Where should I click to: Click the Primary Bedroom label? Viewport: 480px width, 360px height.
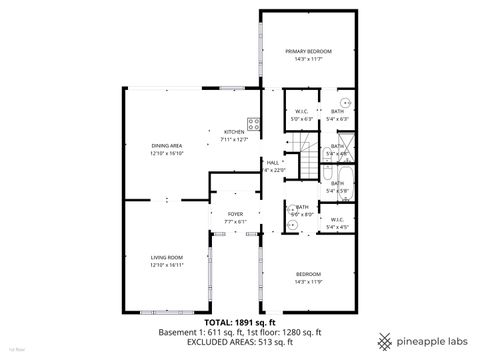click(307, 51)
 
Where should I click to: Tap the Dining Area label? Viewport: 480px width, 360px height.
click(167, 146)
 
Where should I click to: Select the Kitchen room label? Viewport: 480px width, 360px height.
click(234, 132)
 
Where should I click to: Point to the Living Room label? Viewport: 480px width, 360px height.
click(166, 258)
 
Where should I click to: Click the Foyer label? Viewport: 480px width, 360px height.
click(235, 214)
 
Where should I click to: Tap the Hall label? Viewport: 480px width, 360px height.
click(272, 162)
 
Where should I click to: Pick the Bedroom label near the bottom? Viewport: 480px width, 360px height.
click(307, 274)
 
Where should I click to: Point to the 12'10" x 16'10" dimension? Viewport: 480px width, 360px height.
click(167, 154)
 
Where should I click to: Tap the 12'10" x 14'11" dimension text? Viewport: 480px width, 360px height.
click(166, 266)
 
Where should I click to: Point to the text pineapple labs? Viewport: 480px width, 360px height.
click(432, 338)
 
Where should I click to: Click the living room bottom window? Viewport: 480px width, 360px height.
click(161, 311)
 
